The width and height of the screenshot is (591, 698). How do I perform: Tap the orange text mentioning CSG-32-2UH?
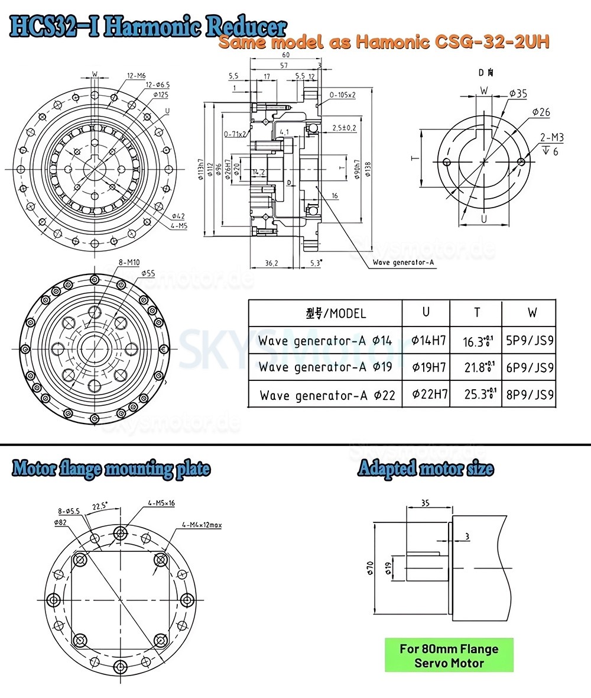[384, 43]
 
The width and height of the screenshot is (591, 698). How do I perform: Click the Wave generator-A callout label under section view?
[404, 263]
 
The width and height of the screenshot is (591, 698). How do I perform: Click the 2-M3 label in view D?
[551, 138]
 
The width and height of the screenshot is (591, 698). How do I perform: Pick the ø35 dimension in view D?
[518, 93]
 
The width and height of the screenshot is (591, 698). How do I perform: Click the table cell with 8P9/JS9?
[530, 395]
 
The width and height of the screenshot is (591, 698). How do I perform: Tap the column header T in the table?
[476, 312]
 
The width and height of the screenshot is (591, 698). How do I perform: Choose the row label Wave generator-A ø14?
[325, 340]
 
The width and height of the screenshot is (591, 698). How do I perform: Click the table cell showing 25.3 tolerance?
[476, 395]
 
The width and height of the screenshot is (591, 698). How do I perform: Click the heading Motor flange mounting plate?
[111, 469]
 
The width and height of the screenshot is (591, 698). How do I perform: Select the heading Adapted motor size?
[426, 469]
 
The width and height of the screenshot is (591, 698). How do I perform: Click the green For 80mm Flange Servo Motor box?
[449, 655]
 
